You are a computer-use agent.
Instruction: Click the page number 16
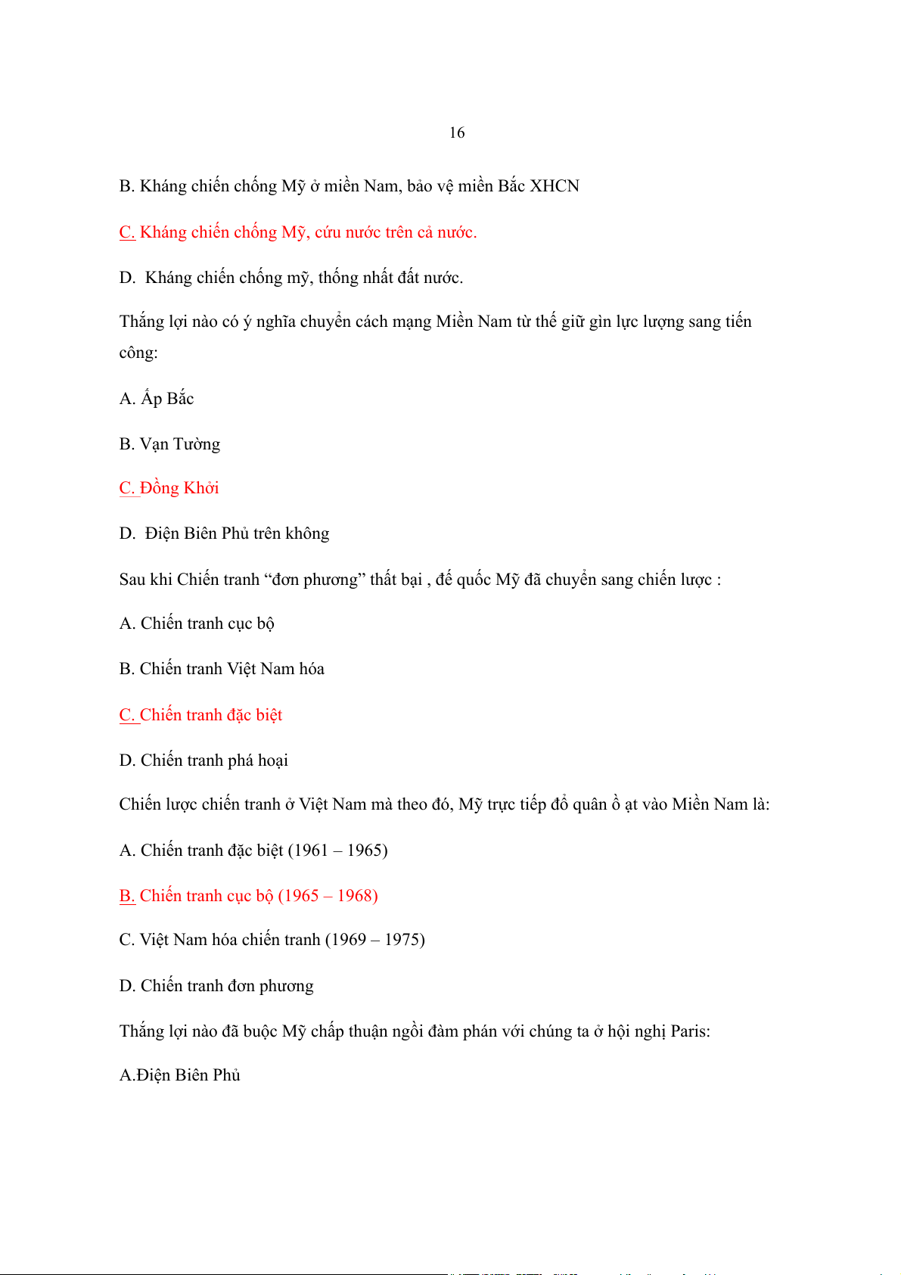(457, 133)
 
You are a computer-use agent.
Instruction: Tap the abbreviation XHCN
(554, 186)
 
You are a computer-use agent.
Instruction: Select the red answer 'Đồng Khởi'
(179, 488)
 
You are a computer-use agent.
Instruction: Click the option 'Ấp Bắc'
(167, 399)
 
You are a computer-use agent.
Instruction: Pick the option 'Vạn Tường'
(180, 444)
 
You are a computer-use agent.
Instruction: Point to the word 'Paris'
(689, 1031)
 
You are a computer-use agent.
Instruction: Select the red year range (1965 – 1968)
(328, 896)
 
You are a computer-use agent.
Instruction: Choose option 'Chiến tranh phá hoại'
(214, 760)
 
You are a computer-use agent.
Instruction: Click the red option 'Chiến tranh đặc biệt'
(211, 715)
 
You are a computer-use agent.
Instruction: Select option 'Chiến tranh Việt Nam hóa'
(231, 669)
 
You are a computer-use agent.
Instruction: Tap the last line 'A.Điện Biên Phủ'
(180, 1075)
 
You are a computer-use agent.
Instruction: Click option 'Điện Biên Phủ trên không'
(237, 533)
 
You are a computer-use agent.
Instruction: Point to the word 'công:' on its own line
(138, 353)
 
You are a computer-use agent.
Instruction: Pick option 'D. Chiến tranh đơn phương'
(216, 986)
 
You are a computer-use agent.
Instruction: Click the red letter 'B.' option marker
(127, 896)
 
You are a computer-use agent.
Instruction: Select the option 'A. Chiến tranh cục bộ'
(197, 624)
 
